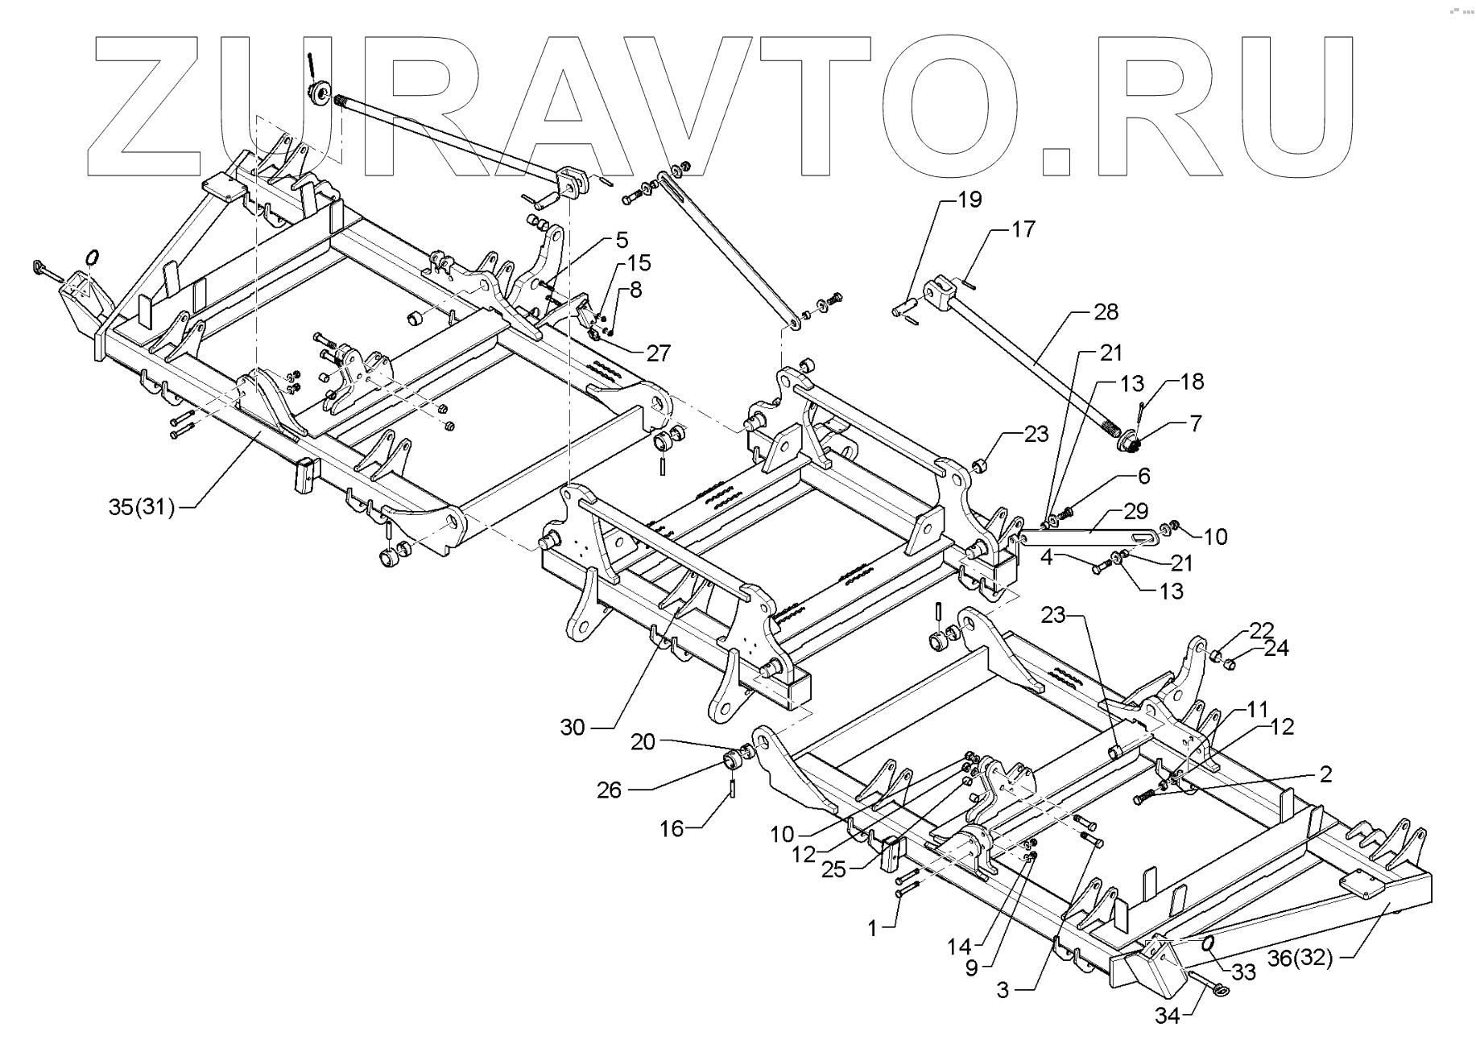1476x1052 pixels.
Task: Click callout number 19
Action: click(970, 199)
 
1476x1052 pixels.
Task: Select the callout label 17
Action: click(1023, 229)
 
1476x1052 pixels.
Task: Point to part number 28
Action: click(1106, 311)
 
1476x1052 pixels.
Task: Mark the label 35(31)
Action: click(142, 507)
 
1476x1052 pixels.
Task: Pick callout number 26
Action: click(609, 790)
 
